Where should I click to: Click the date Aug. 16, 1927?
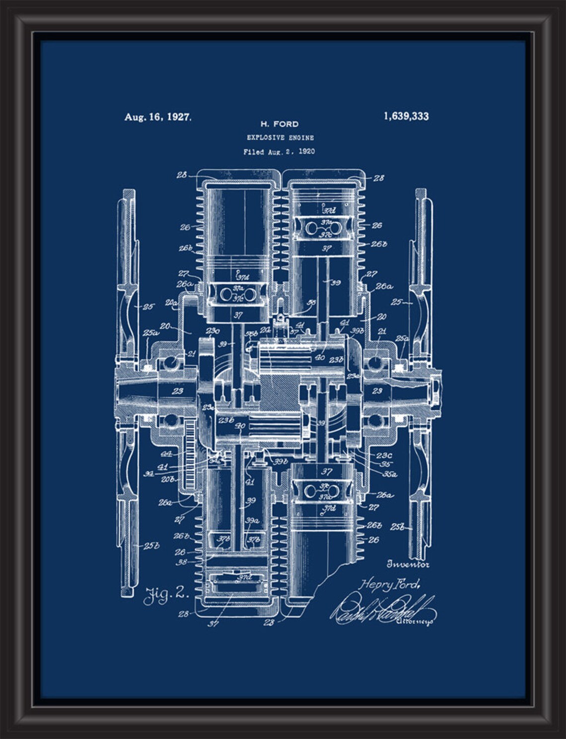157,118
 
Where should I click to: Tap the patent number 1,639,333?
406,117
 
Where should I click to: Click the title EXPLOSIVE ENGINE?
280,138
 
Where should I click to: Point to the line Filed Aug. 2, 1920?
279,152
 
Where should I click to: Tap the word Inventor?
408,564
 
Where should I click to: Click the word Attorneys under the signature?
415,621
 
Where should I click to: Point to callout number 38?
182,562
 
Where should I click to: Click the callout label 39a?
252,521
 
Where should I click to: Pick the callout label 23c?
384,455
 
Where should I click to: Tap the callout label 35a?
389,474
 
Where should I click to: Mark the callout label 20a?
172,303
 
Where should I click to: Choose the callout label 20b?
167,480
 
